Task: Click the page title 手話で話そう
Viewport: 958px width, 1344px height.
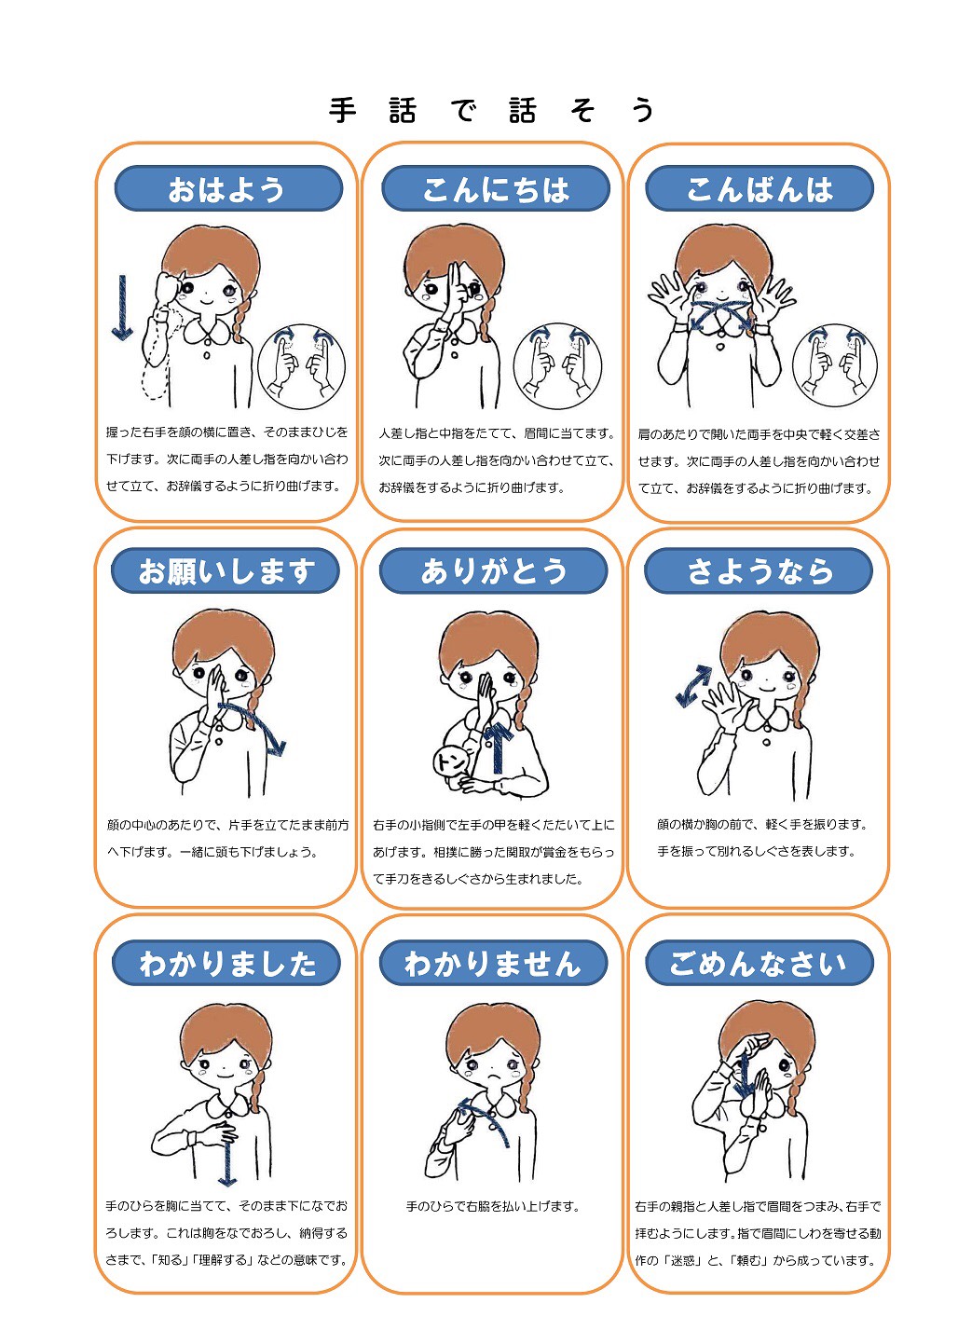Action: (491, 110)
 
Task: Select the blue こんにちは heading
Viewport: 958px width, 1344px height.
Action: (496, 188)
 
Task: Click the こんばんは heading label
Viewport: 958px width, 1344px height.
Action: (760, 188)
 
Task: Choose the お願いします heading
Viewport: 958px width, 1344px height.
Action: (226, 570)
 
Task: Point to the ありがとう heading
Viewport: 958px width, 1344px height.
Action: (493, 570)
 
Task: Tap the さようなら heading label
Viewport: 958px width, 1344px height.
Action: (759, 570)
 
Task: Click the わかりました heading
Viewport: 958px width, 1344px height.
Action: (226, 963)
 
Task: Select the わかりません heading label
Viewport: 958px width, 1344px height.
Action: (493, 963)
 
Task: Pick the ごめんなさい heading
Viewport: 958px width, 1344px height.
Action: (760, 963)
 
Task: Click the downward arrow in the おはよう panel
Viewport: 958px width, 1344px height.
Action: (122, 308)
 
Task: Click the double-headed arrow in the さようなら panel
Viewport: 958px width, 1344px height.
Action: (693, 685)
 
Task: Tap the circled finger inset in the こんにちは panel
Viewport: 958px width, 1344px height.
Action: (557, 366)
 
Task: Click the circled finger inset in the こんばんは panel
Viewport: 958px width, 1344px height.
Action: (835, 365)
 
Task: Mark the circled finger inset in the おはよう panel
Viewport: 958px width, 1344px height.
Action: (301, 366)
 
